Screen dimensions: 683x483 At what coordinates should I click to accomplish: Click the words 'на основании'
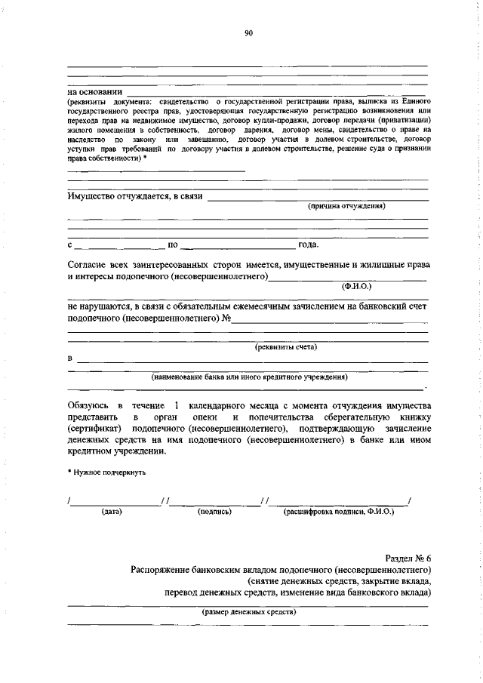click(x=94, y=92)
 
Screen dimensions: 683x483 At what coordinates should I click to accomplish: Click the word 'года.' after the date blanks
click(x=309, y=245)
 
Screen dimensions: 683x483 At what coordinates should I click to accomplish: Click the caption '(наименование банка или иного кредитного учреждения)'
click(x=250, y=376)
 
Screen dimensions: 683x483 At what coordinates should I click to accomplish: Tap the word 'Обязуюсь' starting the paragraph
click(x=91, y=405)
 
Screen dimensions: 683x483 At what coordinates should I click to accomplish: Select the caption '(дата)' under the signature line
click(x=112, y=512)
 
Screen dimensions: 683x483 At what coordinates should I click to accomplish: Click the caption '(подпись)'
click(x=214, y=512)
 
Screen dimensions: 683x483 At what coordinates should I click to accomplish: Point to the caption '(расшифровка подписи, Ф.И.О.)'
click(x=338, y=512)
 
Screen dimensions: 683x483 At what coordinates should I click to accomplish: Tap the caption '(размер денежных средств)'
click(x=249, y=612)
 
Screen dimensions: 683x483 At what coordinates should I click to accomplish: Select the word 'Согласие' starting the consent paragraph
click(x=89, y=265)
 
